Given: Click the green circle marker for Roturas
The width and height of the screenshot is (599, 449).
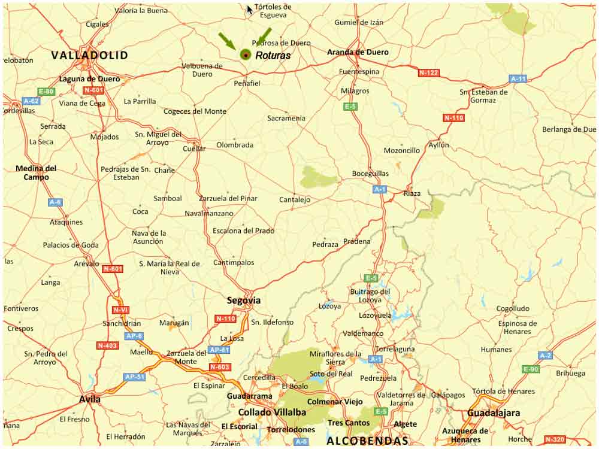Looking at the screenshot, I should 245,54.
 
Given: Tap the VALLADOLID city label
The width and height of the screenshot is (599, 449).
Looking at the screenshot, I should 89,55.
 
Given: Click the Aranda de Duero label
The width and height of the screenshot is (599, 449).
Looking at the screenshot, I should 358,52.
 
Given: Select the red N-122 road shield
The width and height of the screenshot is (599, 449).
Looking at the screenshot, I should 428,72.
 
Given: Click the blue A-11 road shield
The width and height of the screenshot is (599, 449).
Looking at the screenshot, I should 518,78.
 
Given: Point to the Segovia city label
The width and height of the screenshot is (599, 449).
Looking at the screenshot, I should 244,301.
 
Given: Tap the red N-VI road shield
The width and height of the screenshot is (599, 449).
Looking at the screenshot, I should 120,310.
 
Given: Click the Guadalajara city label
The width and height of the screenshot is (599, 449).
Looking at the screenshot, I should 494,413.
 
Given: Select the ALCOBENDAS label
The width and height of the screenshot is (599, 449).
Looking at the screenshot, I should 367,441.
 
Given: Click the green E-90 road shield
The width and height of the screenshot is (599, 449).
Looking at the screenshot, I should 531,369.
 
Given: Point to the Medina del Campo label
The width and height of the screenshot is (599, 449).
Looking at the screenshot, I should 36,172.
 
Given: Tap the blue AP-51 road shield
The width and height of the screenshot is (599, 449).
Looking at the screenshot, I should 134,377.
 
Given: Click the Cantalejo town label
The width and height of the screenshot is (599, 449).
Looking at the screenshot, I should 295,199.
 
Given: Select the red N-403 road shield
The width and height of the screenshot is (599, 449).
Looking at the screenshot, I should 107,345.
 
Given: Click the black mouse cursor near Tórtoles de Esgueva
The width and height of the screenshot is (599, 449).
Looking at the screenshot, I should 250,10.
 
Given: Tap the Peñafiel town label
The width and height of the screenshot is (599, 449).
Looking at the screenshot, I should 247,83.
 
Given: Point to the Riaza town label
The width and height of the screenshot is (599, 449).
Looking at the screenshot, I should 412,193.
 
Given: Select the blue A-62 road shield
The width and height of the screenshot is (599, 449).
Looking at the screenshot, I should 31,101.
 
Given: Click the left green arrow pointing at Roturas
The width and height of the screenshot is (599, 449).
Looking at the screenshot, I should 226,41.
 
